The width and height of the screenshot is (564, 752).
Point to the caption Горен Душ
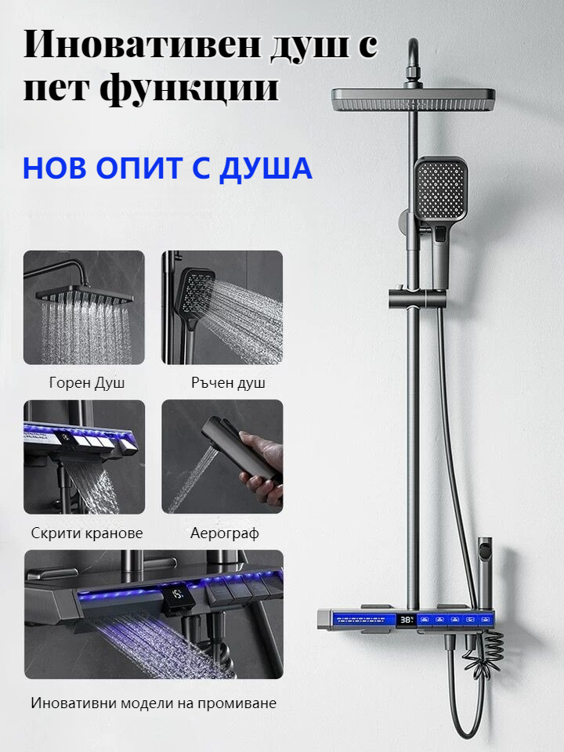pos(87,383)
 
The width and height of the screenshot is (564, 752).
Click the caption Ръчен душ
pos(228,383)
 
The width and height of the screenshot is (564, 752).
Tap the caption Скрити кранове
pos(87,533)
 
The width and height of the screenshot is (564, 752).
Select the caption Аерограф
pos(225,533)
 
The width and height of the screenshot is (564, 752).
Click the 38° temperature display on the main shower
pos(407,620)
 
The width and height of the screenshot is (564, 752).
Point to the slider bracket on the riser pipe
pos(416,298)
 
